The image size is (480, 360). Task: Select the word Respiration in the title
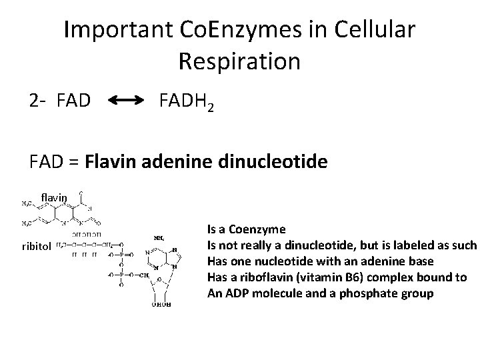pos(240,61)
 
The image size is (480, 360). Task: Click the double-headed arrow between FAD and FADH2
pos(126,101)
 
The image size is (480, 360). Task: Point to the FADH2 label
pos(187,102)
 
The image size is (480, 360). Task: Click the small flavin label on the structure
pos(55,197)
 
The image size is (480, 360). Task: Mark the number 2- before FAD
pos(37,102)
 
